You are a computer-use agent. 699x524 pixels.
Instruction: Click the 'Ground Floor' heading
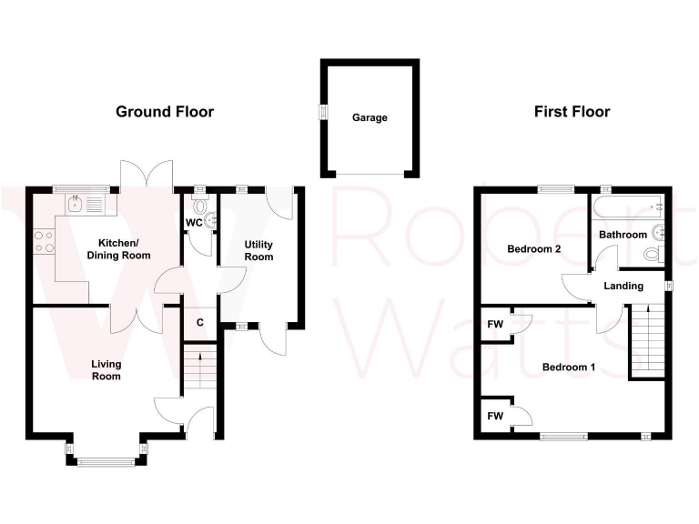point(165,112)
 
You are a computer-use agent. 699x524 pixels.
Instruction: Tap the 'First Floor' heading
point(572,112)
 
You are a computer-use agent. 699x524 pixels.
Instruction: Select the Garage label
point(370,117)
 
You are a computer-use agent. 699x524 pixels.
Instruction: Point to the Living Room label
point(106,370)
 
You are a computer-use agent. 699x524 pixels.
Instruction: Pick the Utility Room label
point(258,250)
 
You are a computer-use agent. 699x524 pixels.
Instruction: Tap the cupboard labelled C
point(199,322)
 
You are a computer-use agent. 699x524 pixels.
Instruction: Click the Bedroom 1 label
point(568,368)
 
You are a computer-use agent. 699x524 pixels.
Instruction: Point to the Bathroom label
point(623,235)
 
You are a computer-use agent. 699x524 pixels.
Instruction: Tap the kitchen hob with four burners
point(43,241)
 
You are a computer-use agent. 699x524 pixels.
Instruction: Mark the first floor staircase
point(648,341)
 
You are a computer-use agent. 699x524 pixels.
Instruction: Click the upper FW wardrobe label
point(495,324)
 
